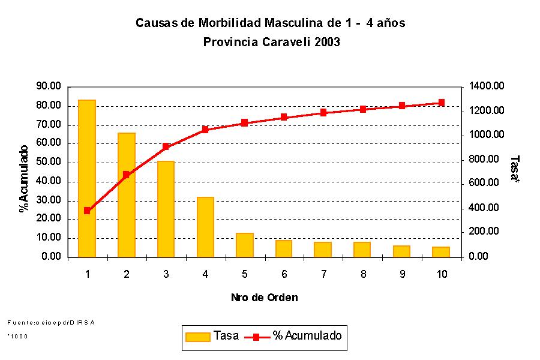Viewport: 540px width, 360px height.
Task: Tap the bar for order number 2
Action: click(x=127, y=194)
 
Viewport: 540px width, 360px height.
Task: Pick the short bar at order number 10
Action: click(x=441, y=252)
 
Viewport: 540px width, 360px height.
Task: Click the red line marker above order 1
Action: click(x=87, y=211)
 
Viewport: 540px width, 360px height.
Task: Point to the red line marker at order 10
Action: click(x=441, y=103)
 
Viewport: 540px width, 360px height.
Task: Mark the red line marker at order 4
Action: click(x=205, y=129)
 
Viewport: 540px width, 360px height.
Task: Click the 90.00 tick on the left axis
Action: click(x=49, y=86)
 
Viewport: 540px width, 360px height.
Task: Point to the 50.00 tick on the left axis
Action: click(x=49, y=162)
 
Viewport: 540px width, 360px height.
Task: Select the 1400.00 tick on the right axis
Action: click(x=487, y=86)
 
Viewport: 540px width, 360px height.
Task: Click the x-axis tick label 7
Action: click(x=323, y=274)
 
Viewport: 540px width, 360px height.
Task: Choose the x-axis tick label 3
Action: click(x=166, y=274)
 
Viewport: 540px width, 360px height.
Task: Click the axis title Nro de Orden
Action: click(x=264, y=297)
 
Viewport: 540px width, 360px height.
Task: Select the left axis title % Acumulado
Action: click(x=24, y=179)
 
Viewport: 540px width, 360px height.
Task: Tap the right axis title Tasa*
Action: click(x=515, y=169)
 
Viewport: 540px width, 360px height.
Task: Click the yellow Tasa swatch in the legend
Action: click(x=198, y=337)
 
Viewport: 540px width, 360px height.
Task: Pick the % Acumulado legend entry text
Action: click(x=307, y=336)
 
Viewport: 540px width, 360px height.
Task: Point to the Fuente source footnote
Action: click(x=52, y=322)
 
